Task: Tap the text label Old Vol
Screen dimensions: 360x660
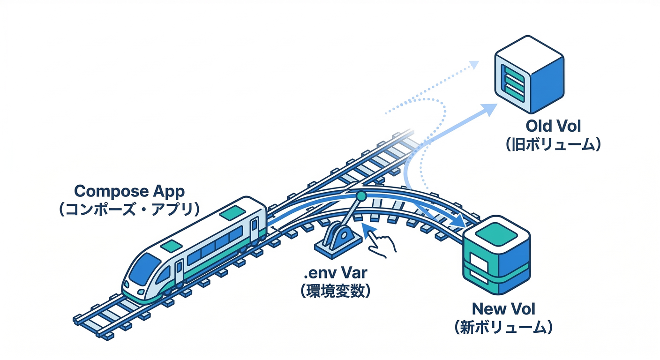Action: [553, 127]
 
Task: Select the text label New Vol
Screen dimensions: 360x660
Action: [503, 309]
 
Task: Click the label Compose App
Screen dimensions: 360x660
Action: [129, 191]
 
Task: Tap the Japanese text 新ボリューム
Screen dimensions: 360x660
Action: [503, 327]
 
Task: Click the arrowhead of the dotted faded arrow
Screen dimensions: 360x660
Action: [474, 65]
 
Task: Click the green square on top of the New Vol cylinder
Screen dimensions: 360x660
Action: [496, 231]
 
